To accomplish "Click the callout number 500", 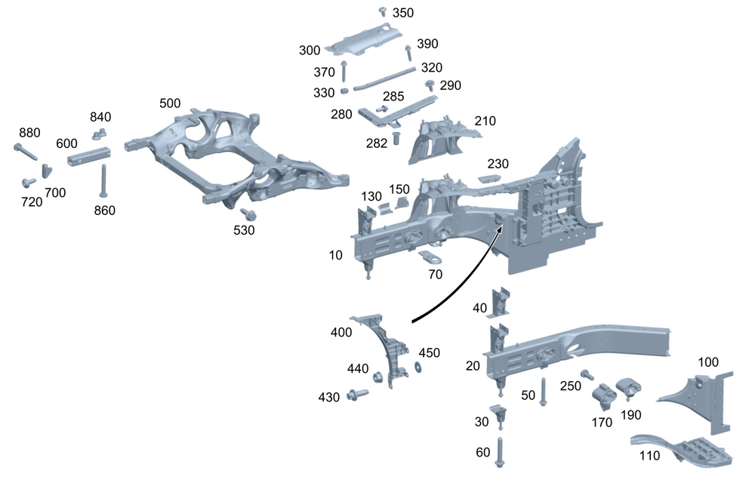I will (170, 103).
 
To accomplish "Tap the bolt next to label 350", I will (383, 11).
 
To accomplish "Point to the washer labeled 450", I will (417, 367).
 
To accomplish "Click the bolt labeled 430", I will (356, 394).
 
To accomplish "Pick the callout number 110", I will (649, 456).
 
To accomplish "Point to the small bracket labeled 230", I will (490, 178).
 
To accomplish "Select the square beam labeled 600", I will (89, 156).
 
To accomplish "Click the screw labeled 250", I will (585, 374).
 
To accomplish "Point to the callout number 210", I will (485, 121).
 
